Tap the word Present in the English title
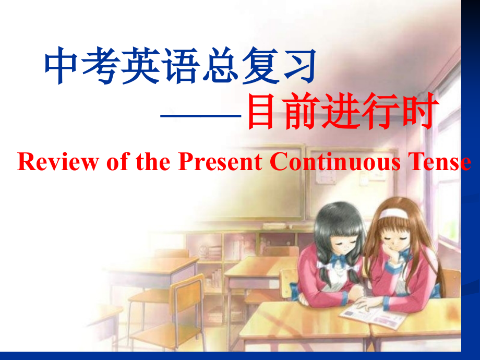tap(220, 162)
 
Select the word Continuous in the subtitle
tap(334, 162)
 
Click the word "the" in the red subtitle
tap(148, 162)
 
